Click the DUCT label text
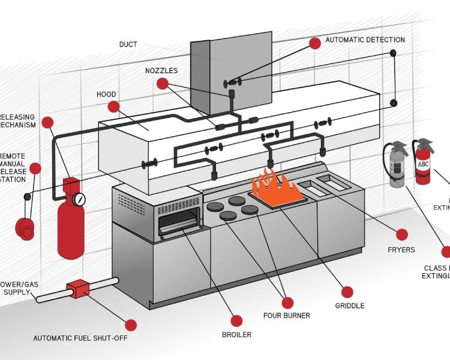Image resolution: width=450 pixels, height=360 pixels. tap(128, 44)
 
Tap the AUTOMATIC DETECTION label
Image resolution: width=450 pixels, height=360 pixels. tap(365, 40)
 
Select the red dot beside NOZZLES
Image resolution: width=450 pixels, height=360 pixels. tap(162, 84)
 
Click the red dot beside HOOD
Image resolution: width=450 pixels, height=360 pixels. tap(113, 107)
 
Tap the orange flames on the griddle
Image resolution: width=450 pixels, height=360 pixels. tap(274, 185)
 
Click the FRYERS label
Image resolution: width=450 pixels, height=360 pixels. tap(401, 250)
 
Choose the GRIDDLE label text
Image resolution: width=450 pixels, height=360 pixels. tap(350, 305)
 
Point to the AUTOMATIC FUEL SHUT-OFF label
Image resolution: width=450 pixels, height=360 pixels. tap(80, 338)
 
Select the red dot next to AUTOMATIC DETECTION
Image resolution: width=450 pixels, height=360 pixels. tap(315, 43)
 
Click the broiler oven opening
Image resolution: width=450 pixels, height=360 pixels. tap(178, 226)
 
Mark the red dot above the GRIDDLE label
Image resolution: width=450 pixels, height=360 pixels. tap(348, 292)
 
